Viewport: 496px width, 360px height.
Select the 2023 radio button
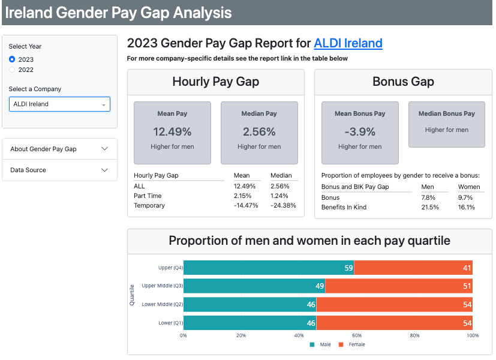coord(13,59)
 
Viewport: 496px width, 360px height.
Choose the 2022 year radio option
coord(13,70)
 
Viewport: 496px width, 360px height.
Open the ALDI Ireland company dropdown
coord(59,104)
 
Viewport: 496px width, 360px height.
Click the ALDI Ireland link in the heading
coord(348,43)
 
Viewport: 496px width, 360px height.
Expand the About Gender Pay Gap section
coord(59,149)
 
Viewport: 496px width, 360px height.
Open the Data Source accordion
coord(59,170)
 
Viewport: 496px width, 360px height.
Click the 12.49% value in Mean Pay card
coord(172,131)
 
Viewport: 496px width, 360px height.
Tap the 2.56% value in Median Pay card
coord(259,131)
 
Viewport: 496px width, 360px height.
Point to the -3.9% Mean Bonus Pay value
coord(360,131)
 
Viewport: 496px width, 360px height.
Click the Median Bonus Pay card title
coord(447,113)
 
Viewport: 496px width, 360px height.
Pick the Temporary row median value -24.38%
coord(284,205)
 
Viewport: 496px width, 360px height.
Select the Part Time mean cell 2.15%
coord(243,196)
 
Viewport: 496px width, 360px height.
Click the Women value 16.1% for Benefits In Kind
coord(467,207)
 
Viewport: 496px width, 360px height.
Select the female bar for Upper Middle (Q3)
coord(399,286)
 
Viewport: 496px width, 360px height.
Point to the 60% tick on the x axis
coord(357,335)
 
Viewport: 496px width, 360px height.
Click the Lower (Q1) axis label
coord(170,323)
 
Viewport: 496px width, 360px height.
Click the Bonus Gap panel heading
coord(403,82)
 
